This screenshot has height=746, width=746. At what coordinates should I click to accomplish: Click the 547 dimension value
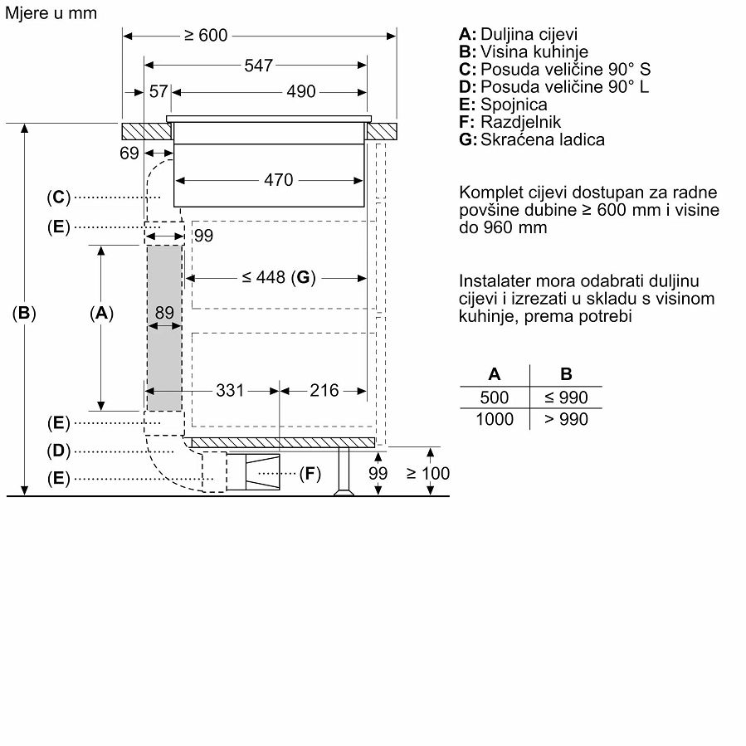click(258, 66)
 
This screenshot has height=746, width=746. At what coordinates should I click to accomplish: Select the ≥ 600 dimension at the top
click(206, 35)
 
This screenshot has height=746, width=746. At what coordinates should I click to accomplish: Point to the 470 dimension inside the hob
click(278, 179)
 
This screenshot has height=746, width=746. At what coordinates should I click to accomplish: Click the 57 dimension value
click(158, 91)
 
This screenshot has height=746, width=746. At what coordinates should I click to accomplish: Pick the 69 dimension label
click(129, 153)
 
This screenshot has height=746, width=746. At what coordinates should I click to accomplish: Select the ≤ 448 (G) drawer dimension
click(280, 277)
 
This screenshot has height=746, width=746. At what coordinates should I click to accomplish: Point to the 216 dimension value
click(324, 390)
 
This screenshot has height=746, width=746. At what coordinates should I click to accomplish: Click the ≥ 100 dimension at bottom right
click(428, 473)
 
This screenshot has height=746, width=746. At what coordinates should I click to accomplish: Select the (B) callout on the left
click(25, 313)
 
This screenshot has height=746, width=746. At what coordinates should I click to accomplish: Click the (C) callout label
click(58, 197)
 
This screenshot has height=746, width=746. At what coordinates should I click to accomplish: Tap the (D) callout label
click(58, 451)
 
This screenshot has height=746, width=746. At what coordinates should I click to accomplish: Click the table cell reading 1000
click(495, 419)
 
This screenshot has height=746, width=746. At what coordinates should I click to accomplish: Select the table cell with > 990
click(566, 419)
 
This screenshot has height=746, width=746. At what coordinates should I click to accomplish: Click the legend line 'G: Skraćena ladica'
click(531, 139)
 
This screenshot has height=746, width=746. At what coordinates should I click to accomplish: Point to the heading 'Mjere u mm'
click(50, 12)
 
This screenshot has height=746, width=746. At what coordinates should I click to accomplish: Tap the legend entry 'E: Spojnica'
click(503, 105)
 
